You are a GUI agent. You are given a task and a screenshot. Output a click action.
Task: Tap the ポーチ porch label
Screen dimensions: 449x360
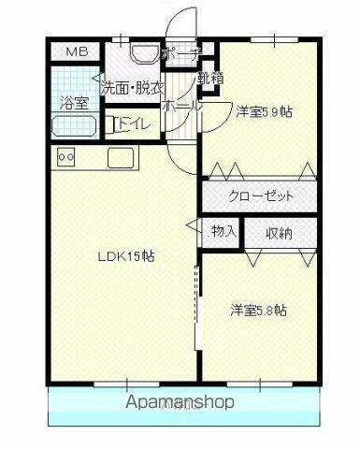pos(181,54)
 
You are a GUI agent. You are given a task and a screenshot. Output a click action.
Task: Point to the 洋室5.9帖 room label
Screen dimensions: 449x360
pos(263,111)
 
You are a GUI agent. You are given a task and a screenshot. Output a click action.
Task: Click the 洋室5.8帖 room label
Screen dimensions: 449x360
pos(259,309)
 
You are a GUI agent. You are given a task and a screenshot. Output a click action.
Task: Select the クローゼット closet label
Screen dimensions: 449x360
pos(262,196)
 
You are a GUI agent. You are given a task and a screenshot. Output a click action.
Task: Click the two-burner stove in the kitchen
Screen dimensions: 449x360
pos(66,157)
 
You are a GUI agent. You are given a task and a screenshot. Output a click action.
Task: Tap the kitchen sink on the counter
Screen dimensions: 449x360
pos(121,156)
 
